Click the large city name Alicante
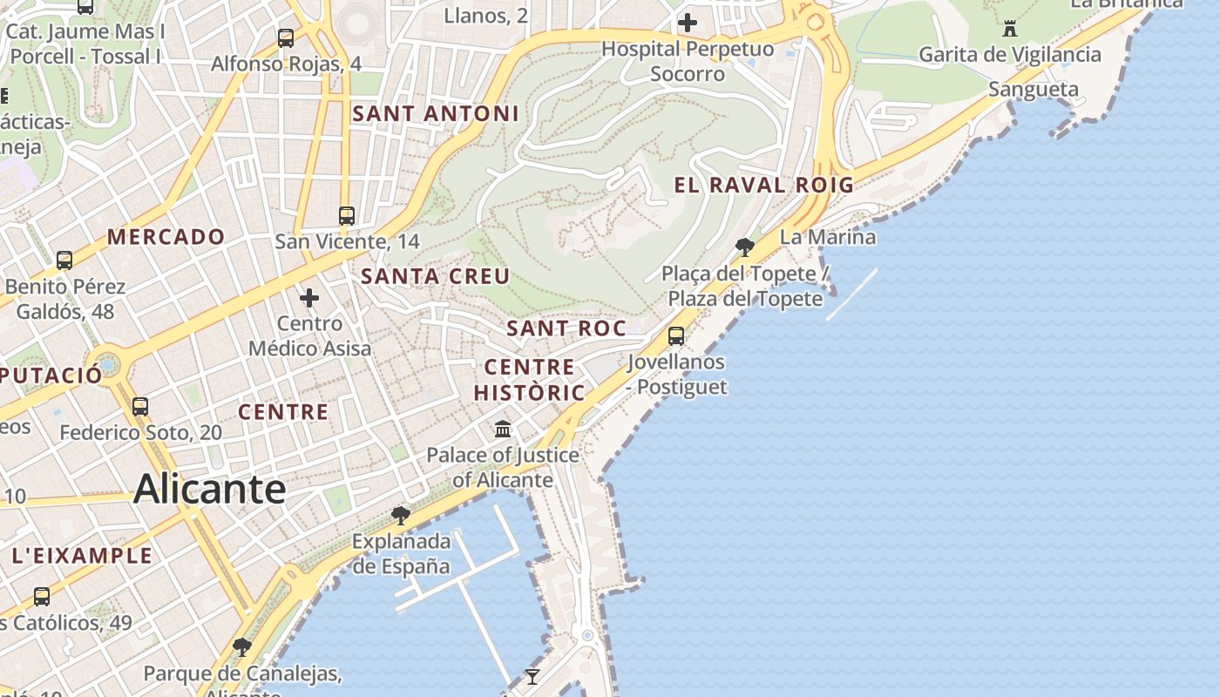click(209, 489)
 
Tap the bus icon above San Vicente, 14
click(347, 215)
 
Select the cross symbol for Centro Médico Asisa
click(309, 298)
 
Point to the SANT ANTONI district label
click(436, 113)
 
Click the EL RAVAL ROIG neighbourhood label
click(763, 185)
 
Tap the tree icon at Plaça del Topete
click(744, 247)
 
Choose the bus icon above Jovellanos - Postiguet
click(675, 335)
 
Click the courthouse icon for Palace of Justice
click(503, 429)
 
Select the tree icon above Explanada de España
click(400, 516)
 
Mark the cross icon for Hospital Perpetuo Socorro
click(688, 23)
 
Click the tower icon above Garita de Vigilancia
click(1010, 29)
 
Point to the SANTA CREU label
click(435, 276)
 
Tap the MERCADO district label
click(166, 236)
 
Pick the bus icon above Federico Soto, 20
click(140, 406)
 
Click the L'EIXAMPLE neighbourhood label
click(82, 555)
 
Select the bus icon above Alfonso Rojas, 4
click(286, 38)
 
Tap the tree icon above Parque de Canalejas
click(242, 647)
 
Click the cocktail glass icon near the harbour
click(532, 676)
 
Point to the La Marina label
click(827, 237)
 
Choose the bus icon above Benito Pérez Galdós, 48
click(64, 260)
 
